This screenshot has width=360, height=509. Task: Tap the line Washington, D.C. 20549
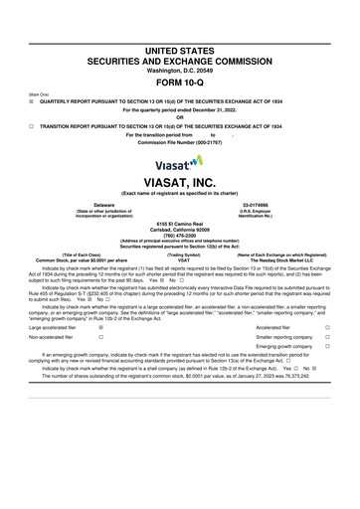(180, 42)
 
